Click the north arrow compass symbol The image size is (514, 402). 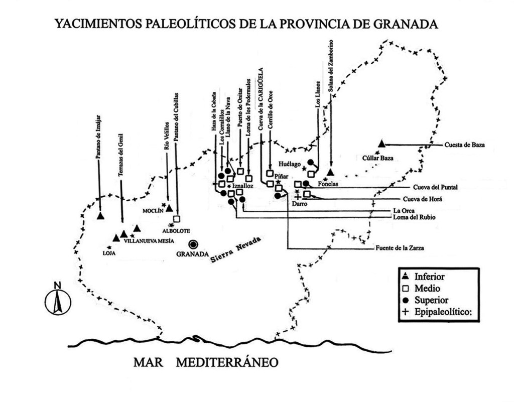[x=58, y=300]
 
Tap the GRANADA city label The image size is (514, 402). [x=192, y=254]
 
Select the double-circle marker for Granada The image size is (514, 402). [x=193, y=244]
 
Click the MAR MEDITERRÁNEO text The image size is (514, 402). [x=205, y=362]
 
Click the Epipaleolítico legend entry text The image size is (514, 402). [x=441, y=312]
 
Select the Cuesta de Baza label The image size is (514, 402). [x=464, y=146]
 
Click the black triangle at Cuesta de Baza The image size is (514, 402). [x=381, y=144]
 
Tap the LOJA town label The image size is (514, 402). [x=109, y=253]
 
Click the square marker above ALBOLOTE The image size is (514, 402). [x=176, y=219]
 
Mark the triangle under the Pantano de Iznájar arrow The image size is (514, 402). [x=100, y=216]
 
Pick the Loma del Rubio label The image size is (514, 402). [x=415, y=217]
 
